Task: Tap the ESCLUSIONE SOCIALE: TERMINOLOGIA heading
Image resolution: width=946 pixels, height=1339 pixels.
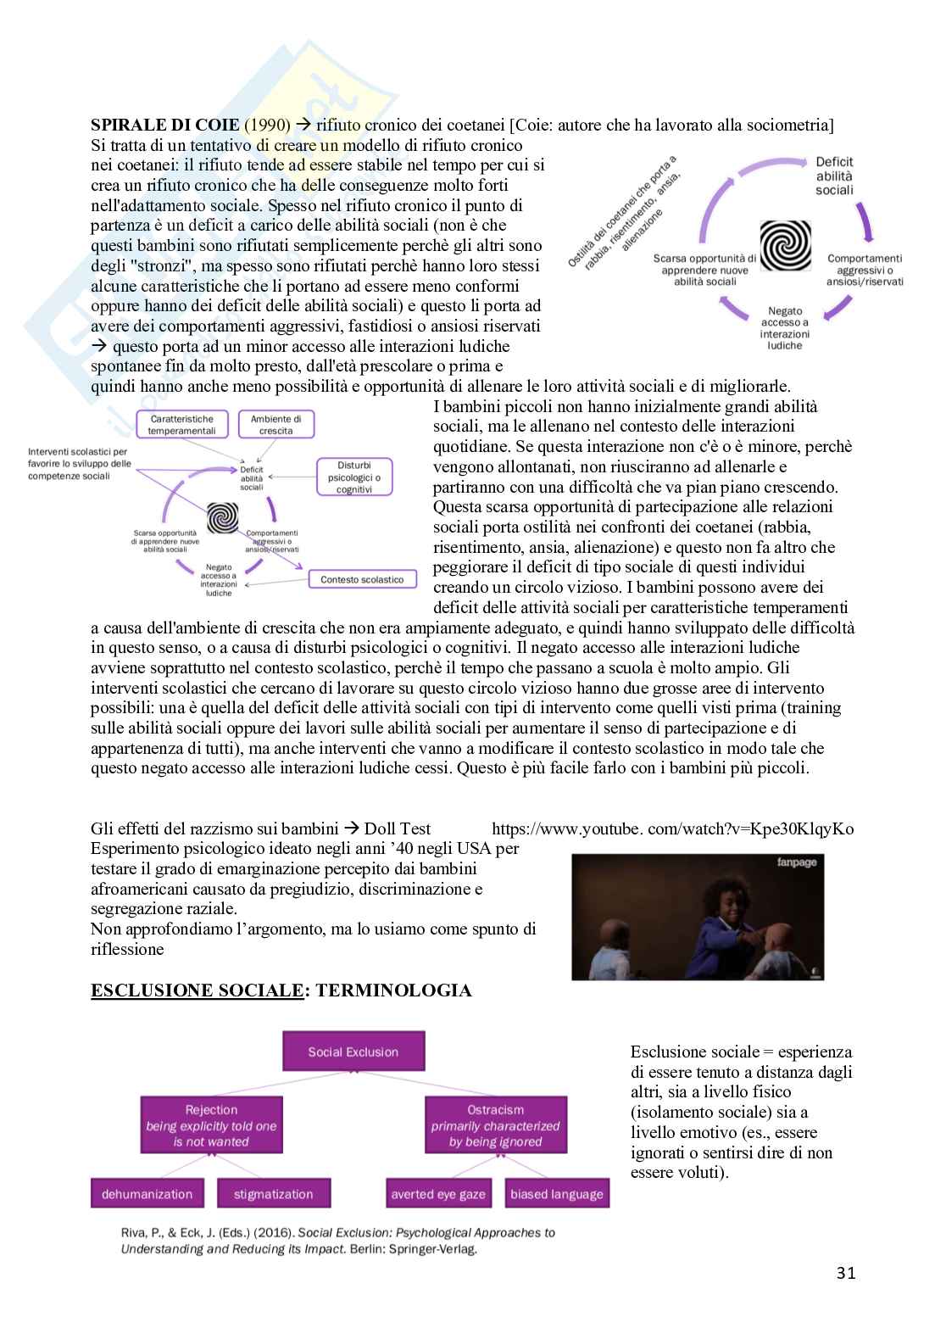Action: pyautogui.click(x=281, y=990)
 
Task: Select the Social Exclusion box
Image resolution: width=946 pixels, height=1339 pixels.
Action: pyautogui.click(x=353, y=1052)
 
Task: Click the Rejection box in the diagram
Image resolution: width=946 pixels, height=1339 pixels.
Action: pyautogui.click(x=211, y=1125)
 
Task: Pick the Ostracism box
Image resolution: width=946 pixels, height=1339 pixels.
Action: pyautogui.click(x=495, y=1125)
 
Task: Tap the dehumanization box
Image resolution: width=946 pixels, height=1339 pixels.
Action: pyautogui.click(x=147, y=1194)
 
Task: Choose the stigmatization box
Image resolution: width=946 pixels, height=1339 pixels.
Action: pyautogui.click(x=273, y=1194)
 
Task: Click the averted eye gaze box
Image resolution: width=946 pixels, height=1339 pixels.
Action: pyautogui.click(x=437, y=1194)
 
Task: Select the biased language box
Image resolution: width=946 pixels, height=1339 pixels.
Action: pyautogui.click(x=557, y=1194)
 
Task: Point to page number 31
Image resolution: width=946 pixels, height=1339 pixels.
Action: pyautogui.click(x=845, y=1272)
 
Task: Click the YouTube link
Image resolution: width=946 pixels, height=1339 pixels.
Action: pyautogui.click(x=672, y=829)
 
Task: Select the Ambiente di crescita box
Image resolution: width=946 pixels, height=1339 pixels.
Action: pyautogui.click(x=276, y=424)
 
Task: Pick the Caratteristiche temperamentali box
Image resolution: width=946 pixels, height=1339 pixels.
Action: pyautogui.click(x=181, y=424)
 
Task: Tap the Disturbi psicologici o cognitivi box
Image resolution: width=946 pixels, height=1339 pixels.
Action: pyautogui.click(x=354, y=477)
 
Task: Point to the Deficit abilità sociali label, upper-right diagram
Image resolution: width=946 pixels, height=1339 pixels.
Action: pyautogui.click(x=834, y=176)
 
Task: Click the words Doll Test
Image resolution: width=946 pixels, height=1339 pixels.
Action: pyautogui.click(x=398, y=829)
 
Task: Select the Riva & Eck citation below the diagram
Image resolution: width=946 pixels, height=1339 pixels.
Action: pyautogui.click(x=337, y=1240)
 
